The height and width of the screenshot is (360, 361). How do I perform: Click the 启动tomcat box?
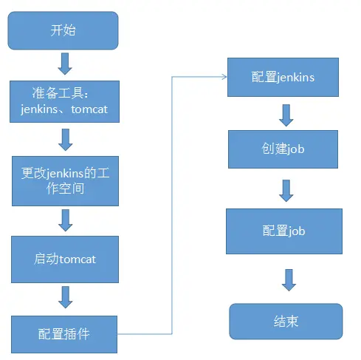tap(65, 259)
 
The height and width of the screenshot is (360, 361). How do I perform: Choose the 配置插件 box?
tap(65, 333)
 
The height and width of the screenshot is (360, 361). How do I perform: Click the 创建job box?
tap(283, 149)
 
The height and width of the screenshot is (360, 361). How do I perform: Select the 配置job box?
tap(283, 231)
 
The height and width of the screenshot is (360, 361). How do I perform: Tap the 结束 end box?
tap(285, 322)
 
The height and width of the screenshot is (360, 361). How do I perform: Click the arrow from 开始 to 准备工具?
tap(65, 64)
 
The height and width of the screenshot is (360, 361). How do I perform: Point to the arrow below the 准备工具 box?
tap(65, 140)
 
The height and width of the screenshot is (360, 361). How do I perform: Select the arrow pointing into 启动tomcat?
tap(65, 220)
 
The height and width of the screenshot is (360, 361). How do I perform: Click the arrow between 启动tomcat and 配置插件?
tap(65, 296)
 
